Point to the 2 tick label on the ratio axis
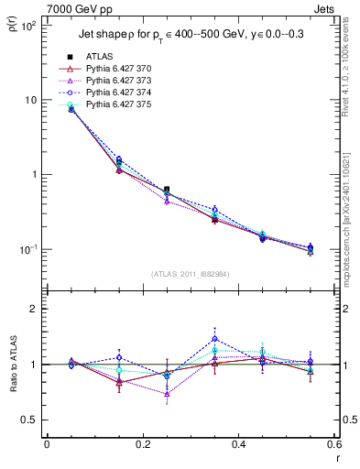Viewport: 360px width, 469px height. pyautogui.click(x=34, y=309)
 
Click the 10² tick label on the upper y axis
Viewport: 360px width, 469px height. pyautogui.click(x=28, y=26)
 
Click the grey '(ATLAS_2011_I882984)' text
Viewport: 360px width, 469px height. pyautogui.click(x=190, y=274)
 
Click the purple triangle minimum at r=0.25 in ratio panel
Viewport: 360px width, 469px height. pyautogui.click(x=167, y=395)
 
